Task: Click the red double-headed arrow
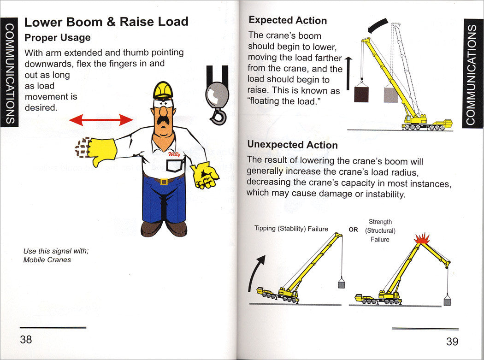[x=101, y=120]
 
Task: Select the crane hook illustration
[x=217, y=95]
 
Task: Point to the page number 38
[x=26, y=340]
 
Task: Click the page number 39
[x=452, y=342]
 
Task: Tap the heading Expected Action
[x=288, y=20]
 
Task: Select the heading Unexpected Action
[x=292, y=145]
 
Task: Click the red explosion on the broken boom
[x=421, y=239]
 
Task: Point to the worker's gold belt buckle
[x=163, y=181]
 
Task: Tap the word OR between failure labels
[x=353, y=229]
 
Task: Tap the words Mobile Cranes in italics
[x=47, y=260]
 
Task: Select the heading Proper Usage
[x=57, y=37]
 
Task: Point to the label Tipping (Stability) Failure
[x=291, y=229]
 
